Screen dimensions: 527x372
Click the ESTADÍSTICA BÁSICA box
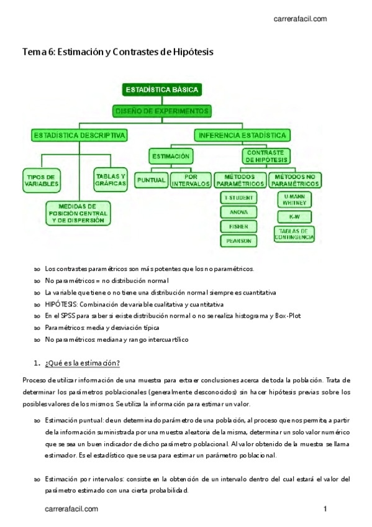point(162,89)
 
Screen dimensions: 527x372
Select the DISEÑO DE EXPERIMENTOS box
point(162,111)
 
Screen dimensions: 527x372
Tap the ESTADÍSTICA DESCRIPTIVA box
point(79,135)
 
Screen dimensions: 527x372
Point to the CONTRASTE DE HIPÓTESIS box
point(265,155)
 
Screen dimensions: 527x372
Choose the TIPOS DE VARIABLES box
point(42,180)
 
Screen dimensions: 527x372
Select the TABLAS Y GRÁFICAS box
point(111,179)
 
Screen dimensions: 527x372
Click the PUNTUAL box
point(151,180)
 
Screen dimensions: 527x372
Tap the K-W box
point(294,217)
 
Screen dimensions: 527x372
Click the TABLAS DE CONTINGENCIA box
point(294,234)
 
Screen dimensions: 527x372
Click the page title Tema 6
point(118,53)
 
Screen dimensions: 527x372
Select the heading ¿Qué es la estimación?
point(82,363)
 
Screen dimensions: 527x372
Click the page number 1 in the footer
point(325,510)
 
